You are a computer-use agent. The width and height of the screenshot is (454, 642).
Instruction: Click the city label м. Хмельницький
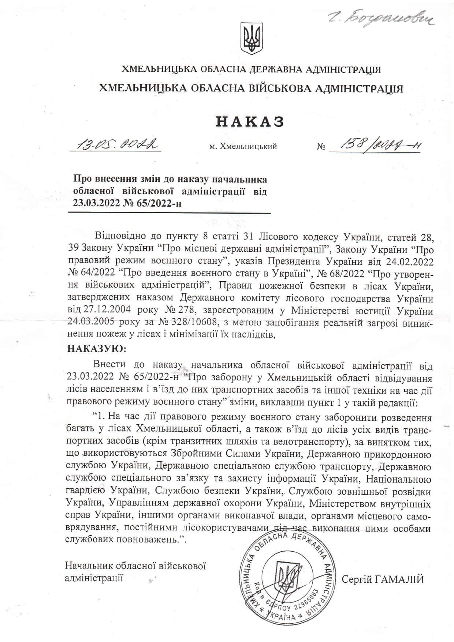coord(243,147)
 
